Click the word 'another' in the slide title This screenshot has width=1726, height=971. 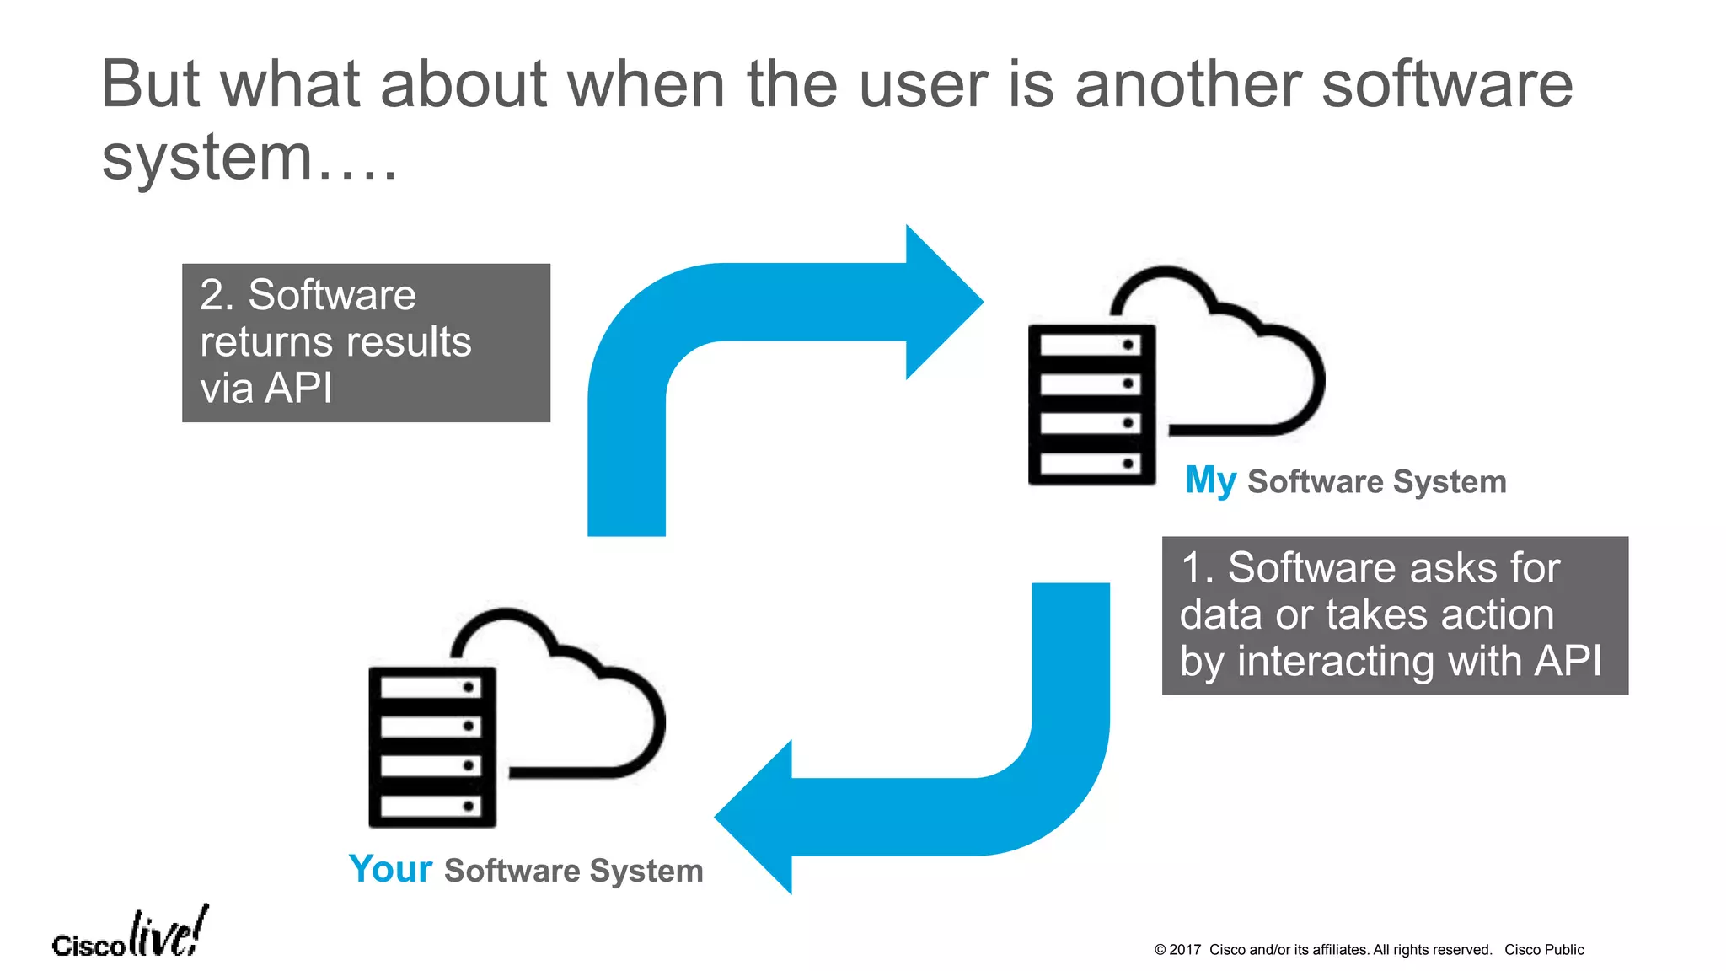[1188, 85]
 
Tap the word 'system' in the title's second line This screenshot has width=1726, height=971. [207, 158]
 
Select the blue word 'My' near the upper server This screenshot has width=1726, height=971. [1210, 481]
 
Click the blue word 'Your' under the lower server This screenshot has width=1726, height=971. [390, 869]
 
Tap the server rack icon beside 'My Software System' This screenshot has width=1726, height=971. [1091, 405]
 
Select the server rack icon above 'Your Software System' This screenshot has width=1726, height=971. [432, 747]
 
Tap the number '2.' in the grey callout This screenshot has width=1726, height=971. [217, 296]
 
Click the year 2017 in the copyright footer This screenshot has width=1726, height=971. [1185, 950]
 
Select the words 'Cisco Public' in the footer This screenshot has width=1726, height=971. [1544, 950]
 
